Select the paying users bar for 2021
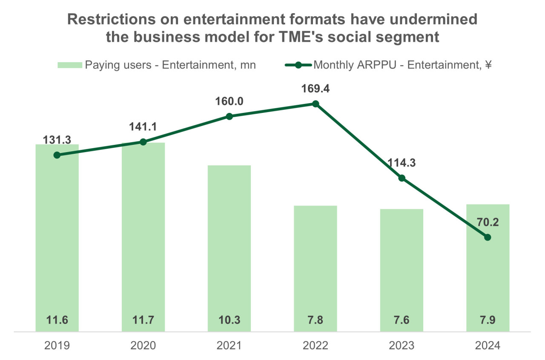point(229,247)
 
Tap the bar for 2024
point(488,273)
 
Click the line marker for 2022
point(316,104)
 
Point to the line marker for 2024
point(488,237)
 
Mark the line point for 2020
point(143,142)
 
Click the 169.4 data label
point(316,89)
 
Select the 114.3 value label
point(402,163)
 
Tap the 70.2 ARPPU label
point(488,222)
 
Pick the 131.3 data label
point(57,139)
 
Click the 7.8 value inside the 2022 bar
point(316,320)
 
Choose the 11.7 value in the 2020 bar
point(143,320)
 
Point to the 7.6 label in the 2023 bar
point(402,320)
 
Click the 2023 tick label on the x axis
point(402,345)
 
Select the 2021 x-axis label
point(229,345)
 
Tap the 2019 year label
point(57,345)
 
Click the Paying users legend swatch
point(69,65)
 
